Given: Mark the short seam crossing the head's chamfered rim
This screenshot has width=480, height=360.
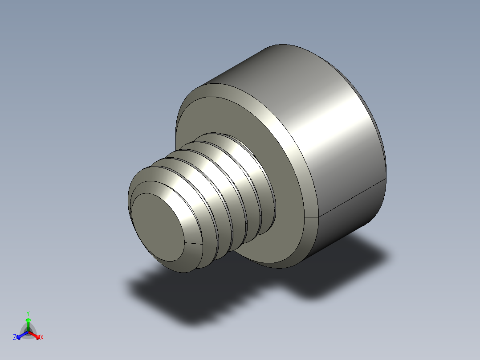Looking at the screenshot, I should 313,217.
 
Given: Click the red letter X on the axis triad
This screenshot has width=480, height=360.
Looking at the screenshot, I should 42,337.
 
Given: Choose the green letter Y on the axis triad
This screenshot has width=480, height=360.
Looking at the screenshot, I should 28,313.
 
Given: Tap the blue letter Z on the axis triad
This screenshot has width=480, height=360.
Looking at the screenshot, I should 15,337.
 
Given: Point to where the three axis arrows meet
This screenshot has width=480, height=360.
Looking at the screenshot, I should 28,331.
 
